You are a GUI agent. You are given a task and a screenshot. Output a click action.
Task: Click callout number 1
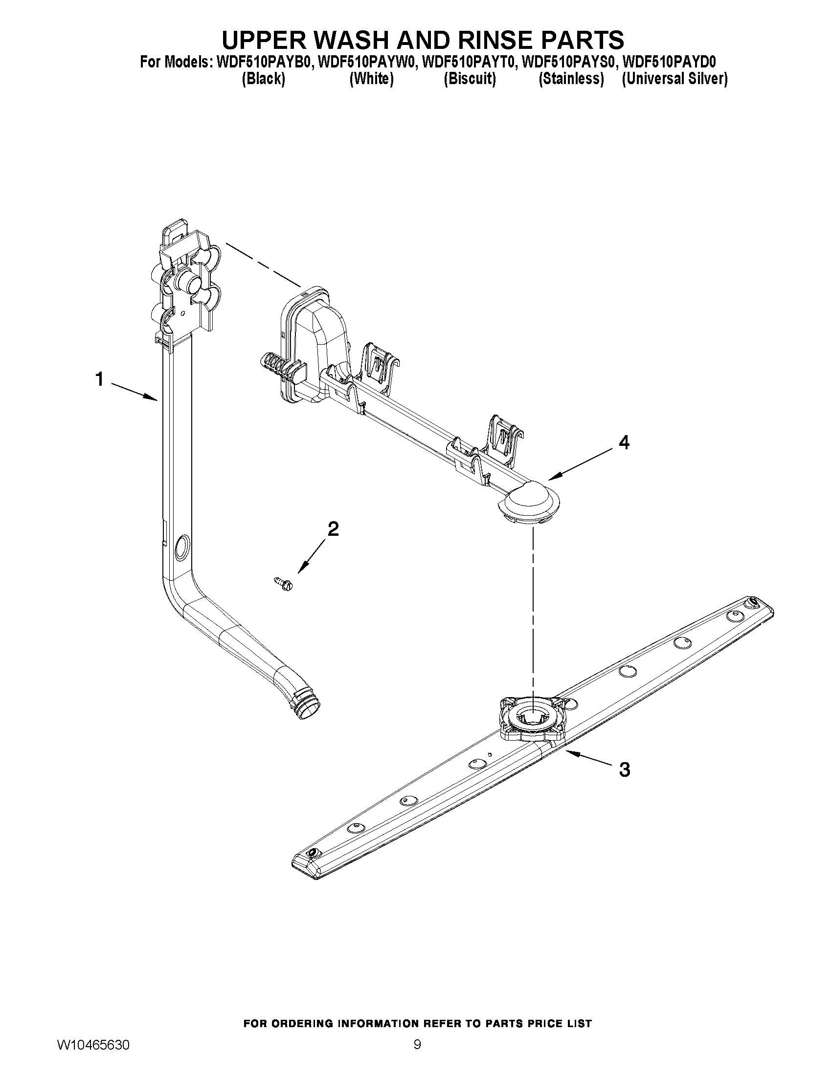pos(100,379)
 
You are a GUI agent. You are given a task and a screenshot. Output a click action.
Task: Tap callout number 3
pos(624,769)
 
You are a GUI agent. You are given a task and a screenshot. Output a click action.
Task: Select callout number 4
pos(624,443)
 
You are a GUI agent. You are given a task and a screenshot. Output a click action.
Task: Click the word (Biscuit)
pos(469,79)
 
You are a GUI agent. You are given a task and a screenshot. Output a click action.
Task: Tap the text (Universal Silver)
pos(675,79)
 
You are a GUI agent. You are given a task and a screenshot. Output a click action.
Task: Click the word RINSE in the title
pos(448,40)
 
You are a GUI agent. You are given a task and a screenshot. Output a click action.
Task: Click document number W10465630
pos(93,1042)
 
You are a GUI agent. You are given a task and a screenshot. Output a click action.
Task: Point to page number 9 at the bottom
pos(417,1042)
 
